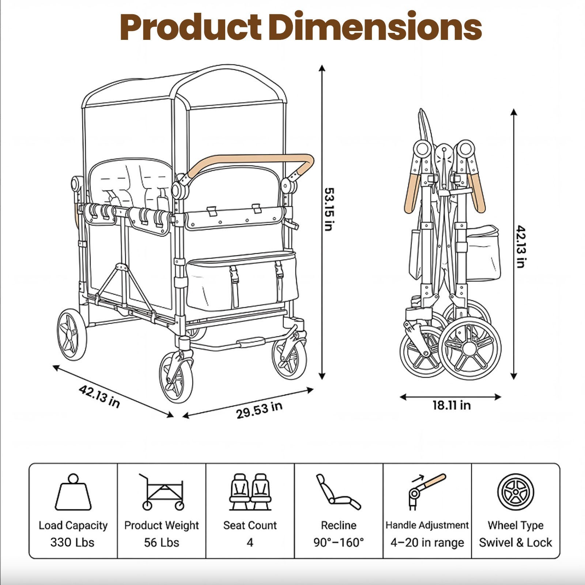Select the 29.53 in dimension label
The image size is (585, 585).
(x=259, y=410)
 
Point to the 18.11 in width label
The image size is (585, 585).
(x=452, y=405)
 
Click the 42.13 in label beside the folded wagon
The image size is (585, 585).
(x=521, y=246)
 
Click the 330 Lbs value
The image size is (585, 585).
(x=72, y=542)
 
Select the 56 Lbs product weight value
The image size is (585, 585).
(x=161, y=542)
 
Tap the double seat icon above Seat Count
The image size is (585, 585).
(x=250, y=492)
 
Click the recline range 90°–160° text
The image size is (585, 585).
(x=339, y=542)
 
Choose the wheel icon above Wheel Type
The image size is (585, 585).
(x=516, y=492)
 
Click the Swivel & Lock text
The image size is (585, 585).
(x=516, y=542)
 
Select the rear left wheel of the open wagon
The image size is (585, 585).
(x=72, y=334)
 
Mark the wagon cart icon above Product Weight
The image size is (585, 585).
(x=162, y=492)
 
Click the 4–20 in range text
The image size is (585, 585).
(x=427, y=542)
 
